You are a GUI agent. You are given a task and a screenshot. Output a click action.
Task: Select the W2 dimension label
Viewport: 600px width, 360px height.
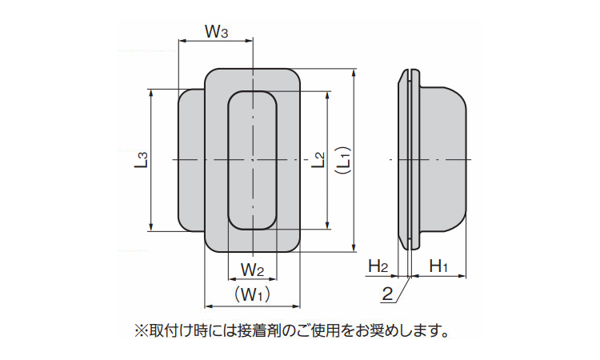253,266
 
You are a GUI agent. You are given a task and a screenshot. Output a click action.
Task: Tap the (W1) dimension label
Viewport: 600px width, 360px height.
253,294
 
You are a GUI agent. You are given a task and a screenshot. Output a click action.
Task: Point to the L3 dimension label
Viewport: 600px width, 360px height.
141,160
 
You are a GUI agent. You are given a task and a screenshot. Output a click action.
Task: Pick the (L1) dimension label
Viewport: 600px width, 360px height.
342,160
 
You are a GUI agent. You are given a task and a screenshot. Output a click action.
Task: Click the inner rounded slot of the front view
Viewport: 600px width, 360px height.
253,128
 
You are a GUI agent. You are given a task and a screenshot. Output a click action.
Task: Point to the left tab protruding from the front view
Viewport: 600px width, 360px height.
190,160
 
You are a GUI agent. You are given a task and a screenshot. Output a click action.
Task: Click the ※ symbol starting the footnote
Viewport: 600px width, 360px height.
140,329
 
